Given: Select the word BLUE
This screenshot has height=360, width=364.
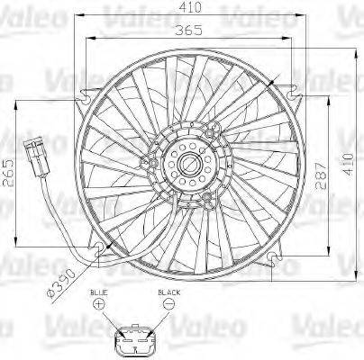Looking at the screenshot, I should [x=98, y=293].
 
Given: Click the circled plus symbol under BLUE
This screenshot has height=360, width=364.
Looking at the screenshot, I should [x=98, y=306].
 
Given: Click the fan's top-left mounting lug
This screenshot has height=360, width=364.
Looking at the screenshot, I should [x=87, y=93].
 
